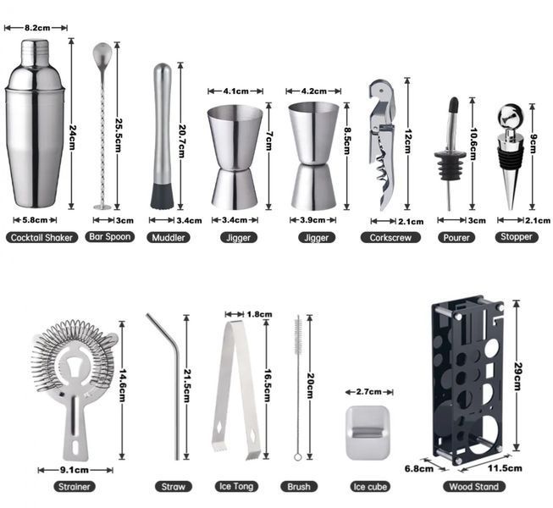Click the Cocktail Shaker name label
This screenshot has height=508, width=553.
point(41,237)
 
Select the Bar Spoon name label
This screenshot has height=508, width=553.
point(110,236)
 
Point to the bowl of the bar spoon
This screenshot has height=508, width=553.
point(102,53)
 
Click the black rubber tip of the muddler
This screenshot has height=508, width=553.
point(163,196)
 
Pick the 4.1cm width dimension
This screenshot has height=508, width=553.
point(235,91)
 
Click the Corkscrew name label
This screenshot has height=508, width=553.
point(390,237)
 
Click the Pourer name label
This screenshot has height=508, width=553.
point(456,237)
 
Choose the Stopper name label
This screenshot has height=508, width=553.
point(517,236)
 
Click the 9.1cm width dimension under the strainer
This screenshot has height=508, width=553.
point(75,470)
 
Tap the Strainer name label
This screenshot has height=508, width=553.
point(75,487)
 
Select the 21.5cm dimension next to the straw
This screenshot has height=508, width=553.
point(186,387)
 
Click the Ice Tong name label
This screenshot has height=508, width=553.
point(236,487)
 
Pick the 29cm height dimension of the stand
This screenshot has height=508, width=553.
point(517,375)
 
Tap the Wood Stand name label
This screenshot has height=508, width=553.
point(474,487)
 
